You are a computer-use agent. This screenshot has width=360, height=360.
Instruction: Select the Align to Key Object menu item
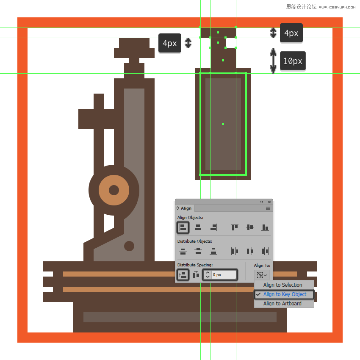tap(284, 294)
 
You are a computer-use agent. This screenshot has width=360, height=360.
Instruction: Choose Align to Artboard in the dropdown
tap(282, 304)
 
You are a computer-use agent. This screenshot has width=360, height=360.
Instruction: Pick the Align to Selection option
tap(282, 285)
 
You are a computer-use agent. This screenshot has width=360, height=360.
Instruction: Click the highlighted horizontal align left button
tap(183, 227)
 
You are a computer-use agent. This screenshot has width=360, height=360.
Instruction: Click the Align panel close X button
tap(269, 202)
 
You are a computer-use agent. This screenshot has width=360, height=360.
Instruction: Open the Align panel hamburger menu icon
tap(268, 208)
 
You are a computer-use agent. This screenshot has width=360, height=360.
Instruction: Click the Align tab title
tap(186, 208)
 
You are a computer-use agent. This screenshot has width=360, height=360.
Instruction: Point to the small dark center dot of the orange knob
tap(114, 190)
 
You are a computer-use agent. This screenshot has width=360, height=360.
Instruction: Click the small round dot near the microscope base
tap(129, 246)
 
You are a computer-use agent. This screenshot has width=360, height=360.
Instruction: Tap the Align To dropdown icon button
tap(262, 275)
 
